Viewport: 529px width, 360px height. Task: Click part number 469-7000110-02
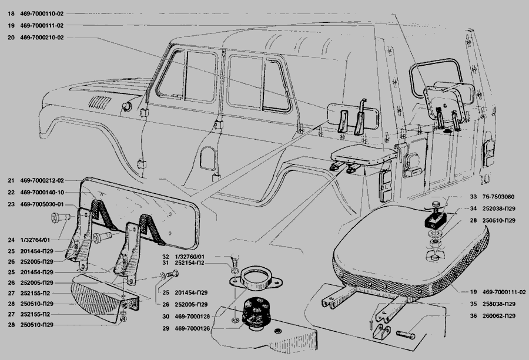click(x=42, y=14)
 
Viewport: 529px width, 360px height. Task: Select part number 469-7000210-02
click(x=42, y=38)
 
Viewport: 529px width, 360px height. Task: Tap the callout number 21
click(x=11, y=181)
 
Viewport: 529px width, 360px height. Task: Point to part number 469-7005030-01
click(x=42, y=204)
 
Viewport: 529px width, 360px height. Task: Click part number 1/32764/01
click(x=35, y=240)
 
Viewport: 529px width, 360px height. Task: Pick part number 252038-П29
click(x=499, y=208)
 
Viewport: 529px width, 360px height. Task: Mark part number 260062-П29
click(x=499, y=316)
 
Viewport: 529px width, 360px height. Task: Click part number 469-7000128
click(x=192, y=316)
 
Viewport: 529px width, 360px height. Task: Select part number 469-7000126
click(x=192, y=328)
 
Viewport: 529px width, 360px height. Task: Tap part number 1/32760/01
click(x=190, y=257)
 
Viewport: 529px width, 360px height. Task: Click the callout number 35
click(x=473, y=304)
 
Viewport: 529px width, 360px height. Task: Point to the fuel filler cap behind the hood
click(x=127, y=106)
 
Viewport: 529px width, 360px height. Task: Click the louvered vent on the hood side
click(x=99, y=102)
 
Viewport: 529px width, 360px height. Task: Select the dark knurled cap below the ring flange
click(x=255, y=312)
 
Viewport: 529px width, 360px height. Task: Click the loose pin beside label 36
click(x=406, y=334)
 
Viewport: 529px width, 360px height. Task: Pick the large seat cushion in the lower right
click(x=410, y=255)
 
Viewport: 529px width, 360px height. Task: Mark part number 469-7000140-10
click(x=42, y=193)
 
